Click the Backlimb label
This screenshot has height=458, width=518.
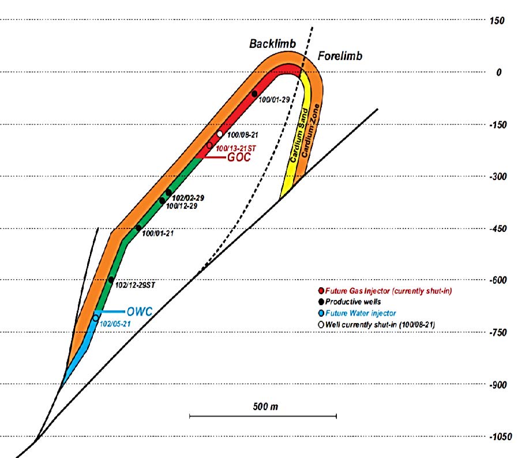272,44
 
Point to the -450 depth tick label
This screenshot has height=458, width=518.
500,228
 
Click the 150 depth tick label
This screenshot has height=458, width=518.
496,21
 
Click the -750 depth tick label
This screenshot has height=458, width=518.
500,332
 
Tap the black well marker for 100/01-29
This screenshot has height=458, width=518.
254,93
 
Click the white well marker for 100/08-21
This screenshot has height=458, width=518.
220,134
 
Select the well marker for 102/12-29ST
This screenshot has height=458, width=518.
111,280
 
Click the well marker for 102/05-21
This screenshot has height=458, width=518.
96,318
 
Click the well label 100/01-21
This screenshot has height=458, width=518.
157,234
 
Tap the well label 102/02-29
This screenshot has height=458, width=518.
188,198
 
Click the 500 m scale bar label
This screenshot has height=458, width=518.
265,407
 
